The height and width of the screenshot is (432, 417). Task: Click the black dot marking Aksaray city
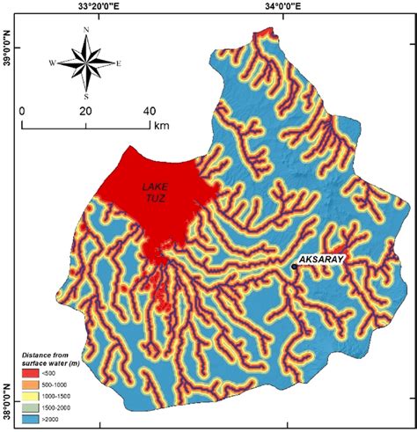(x=294, y=267)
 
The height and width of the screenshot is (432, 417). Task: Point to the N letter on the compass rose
(x=86, y=30)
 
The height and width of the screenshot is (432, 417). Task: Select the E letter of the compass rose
(x=119, y=62)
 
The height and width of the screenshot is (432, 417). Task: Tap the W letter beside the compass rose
(x=53, y=62)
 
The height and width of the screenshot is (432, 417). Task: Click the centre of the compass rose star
(x=86, y=62)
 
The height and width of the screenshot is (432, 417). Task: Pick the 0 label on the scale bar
(x=22, y=112)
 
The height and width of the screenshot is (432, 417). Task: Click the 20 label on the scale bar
(x=85, y=112)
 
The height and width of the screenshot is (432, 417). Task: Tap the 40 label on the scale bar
(x=149, y=112)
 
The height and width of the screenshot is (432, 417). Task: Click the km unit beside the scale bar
(x=160, y=125)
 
